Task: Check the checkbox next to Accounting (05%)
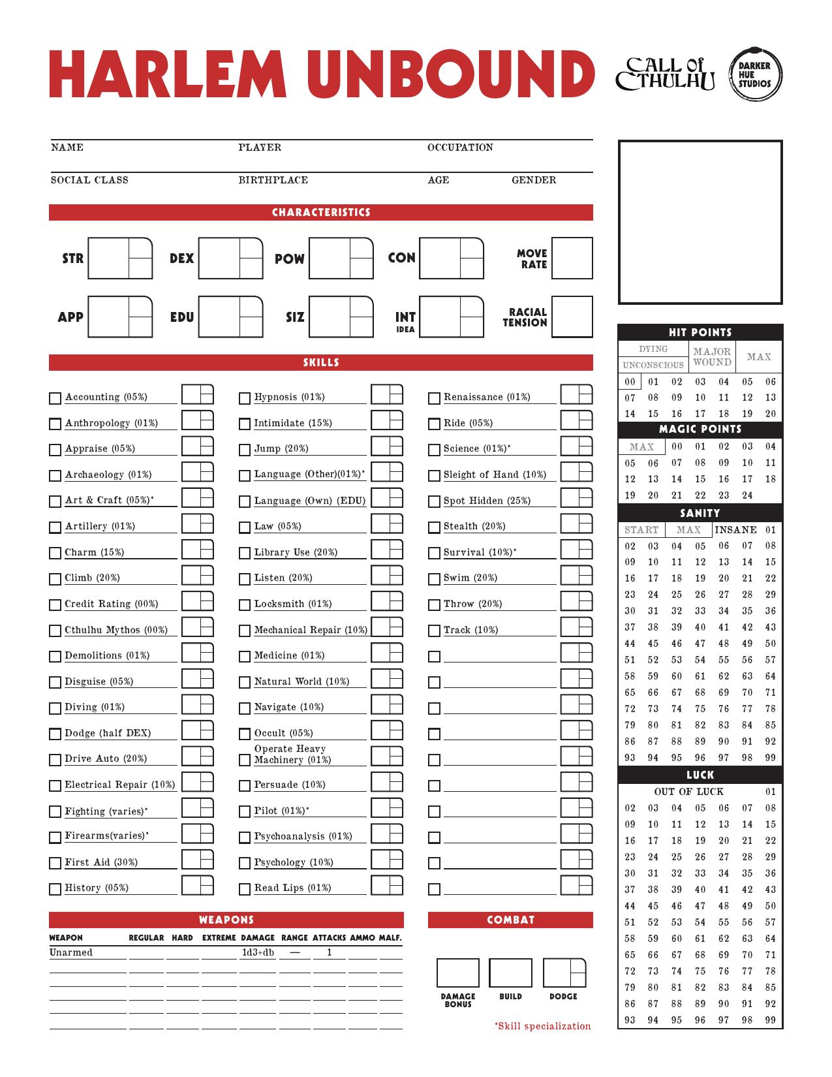[55, 398]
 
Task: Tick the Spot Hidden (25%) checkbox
[434, 502]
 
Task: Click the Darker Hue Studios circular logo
[754, 74]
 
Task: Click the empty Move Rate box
[572, 258]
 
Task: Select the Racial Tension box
[572, 317]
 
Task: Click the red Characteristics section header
[321, 213]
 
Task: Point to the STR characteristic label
[72, 258]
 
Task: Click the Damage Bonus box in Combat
[457, 973]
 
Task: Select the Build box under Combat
[510, 973]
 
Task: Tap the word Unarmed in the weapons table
[71, 952]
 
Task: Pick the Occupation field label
[460, 148]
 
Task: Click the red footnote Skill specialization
[543, 1026]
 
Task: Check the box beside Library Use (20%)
[245, 554]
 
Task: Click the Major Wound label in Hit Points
[712, 357]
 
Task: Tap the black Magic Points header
[700, 429]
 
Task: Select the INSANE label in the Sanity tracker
[736, 530]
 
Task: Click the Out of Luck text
[688, 792]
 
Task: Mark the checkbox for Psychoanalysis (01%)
[245, 837]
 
